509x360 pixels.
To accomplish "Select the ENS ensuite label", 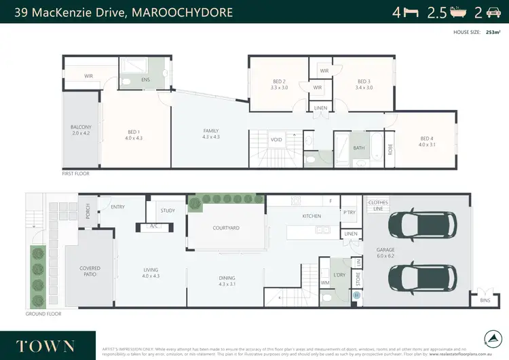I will tap(145, 79).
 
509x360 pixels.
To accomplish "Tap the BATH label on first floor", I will tap(359, 147).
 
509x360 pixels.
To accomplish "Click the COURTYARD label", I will tap(226, 228).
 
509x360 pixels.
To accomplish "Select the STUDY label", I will tap(168, 211).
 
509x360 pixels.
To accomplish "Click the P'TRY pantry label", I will tap(349, 213).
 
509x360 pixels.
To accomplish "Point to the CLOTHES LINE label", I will tap(377, 205).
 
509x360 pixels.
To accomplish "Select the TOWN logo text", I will tap(45, 345).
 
